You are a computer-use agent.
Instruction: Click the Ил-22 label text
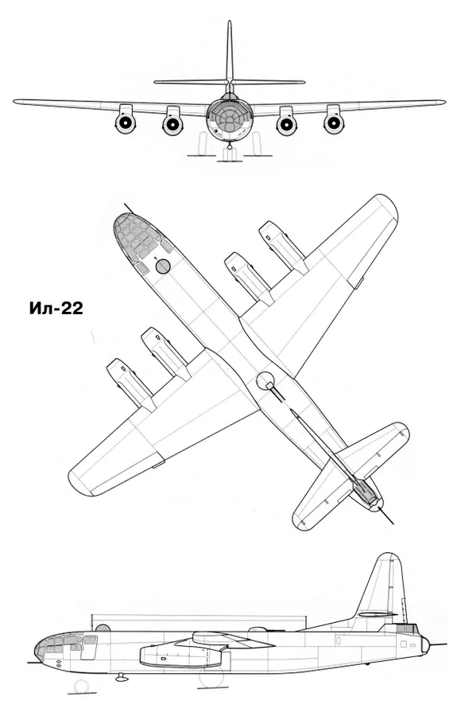56,309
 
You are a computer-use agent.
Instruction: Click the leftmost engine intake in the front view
125,123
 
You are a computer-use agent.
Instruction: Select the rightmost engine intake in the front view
334,123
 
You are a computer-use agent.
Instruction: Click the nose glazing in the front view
230,118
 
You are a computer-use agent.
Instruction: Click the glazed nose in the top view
137,236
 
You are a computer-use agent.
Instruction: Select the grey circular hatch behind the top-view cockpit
162,267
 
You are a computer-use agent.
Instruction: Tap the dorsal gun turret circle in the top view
265,381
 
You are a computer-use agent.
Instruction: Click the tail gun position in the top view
367,492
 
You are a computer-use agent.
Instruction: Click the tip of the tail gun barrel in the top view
393,523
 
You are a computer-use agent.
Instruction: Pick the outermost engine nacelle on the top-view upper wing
281,247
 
